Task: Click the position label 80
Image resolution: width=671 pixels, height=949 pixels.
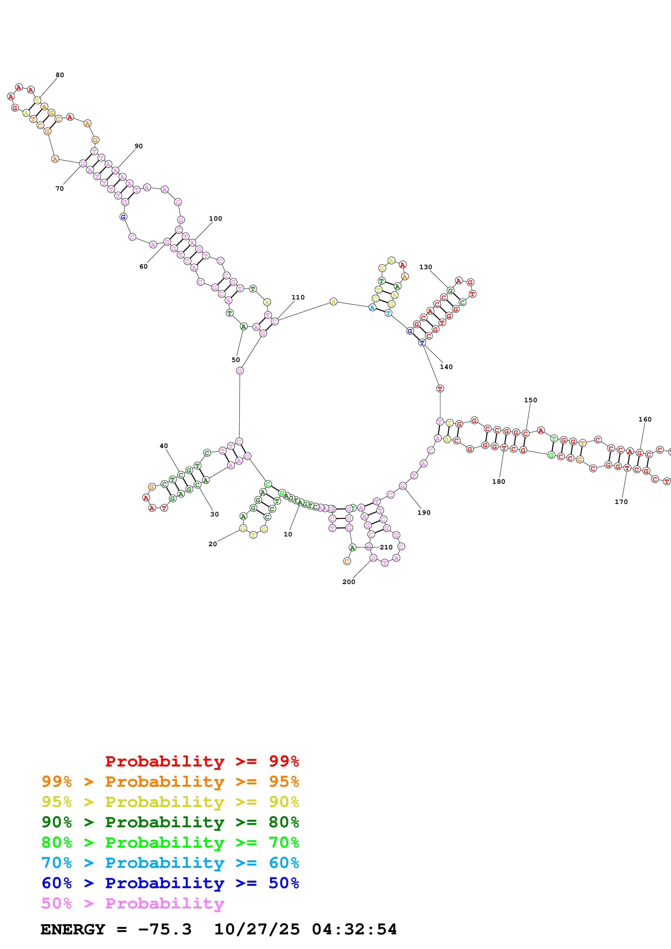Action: (x=60, y=75)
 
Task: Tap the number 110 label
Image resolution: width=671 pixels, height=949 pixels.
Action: (x=298, y=297)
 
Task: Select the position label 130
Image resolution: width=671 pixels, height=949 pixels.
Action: (x=425, y=267)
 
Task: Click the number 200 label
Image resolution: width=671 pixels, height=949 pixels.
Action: (x=349, y=582)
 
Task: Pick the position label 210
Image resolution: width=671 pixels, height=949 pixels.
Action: (x=386, y=547)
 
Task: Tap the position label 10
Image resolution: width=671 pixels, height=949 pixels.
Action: (x=288, y=534)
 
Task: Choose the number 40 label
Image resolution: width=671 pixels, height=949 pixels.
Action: (x=164, y=446)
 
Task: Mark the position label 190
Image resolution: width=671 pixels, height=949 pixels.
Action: (x=424, y=513)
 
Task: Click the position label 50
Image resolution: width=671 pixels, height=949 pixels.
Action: (x=236, y=360)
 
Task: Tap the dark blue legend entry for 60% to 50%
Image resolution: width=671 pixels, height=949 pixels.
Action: (x=170, y=883)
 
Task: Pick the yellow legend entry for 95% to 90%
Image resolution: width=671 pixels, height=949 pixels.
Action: (x=170, y=802)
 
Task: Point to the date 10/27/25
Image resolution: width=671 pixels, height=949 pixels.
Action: (x=257, y=929)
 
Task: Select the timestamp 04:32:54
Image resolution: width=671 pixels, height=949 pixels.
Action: (x=354, y=929)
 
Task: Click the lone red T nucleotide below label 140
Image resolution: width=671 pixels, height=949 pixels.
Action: (x=440, y=388)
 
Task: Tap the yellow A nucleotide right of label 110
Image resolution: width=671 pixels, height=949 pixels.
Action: (x=333, y=302)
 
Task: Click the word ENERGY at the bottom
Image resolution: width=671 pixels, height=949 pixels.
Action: (x=73, y=929)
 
